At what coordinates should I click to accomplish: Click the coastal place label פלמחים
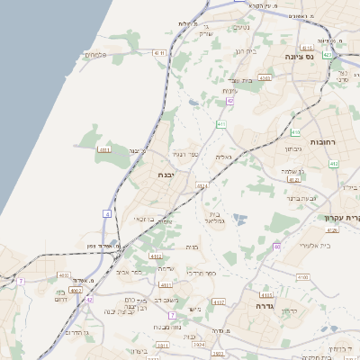tap(96, 56)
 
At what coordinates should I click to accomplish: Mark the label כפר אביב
tap(129, 270)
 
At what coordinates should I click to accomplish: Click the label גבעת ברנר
tap(328, 197)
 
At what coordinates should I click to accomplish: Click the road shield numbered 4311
tap(104, 149)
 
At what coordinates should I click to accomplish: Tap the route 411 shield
tap(221, 124)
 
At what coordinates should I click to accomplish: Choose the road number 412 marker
tap(334, 164)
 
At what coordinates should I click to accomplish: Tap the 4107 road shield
tap(218, 303)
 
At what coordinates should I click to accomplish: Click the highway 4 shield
tap(106, 213)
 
